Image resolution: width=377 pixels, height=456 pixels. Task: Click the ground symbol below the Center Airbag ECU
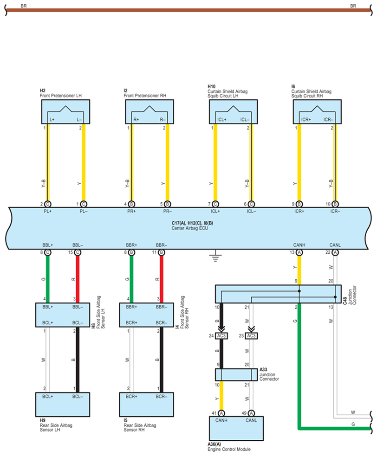(214, 257)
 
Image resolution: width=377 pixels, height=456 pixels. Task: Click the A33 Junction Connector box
(237, 374)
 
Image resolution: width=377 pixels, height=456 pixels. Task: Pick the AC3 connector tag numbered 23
(251, 336)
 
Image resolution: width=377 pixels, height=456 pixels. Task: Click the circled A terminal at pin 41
(222, 413)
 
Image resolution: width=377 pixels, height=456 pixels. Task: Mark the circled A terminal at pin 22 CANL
(335, 252)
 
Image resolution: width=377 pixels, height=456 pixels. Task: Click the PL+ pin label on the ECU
(47, 212)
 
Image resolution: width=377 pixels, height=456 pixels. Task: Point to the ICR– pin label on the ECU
(335, 212)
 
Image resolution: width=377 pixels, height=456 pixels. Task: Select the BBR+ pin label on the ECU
(131, 245)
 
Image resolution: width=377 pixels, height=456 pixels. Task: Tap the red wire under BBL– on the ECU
(78, 278)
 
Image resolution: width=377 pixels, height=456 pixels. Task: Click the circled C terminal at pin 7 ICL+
(215, 204)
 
